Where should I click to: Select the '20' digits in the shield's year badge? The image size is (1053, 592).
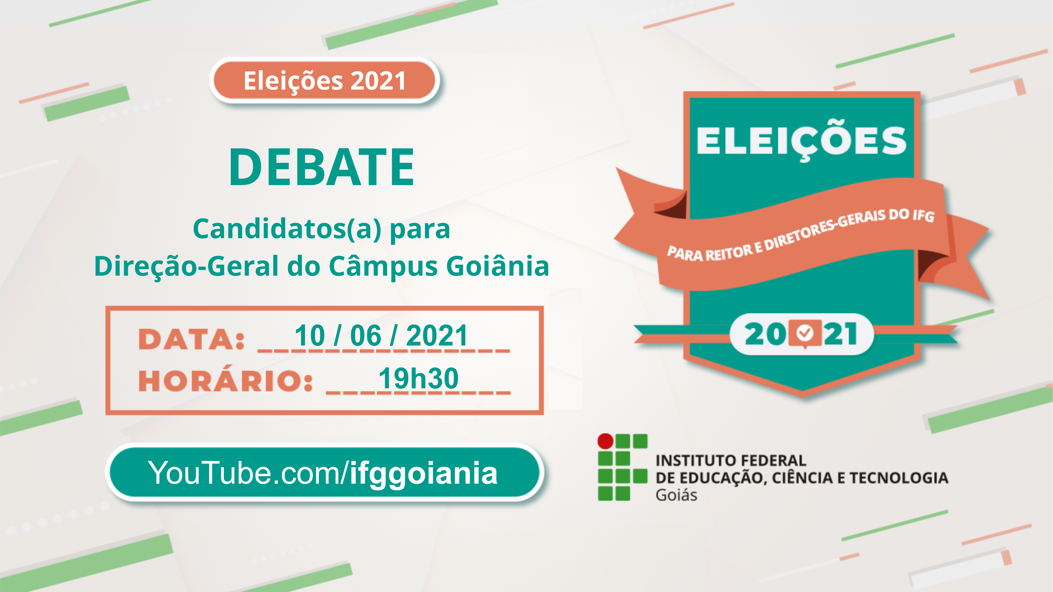click(x=765, y=334)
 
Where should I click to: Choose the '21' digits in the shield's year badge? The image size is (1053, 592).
click(x=840, y=334)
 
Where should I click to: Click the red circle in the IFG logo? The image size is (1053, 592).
click(x=605, y=441)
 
